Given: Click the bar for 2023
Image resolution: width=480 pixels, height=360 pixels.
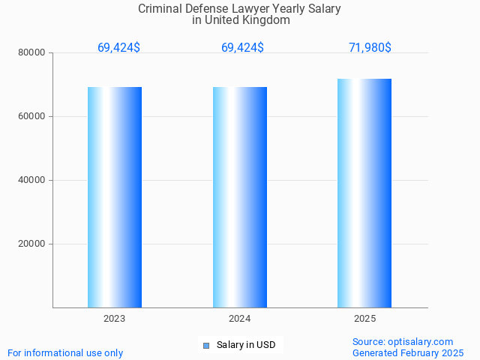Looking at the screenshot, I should pyautogui.click(x=115, y=197).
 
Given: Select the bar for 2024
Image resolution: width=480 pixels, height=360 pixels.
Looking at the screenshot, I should pyautogui.click(x=240, y=197).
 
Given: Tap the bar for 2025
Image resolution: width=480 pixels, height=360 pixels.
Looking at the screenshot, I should pyautogui.click(x=364, y=193).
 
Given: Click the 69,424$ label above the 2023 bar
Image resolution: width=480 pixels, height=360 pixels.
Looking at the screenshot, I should pyautogui.click(x=118, y=47).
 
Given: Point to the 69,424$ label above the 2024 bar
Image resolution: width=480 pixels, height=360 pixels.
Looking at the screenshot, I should pyautogui.click(x=242, y=47).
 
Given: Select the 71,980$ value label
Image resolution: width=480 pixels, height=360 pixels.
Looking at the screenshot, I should pyautogui.click(x=370, y=47).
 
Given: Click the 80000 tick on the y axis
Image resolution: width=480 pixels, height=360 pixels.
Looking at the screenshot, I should pyautogui.click(x=33, y=52).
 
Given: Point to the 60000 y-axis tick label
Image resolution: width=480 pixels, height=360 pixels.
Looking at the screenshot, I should pyautogui.click(x=33, y=116).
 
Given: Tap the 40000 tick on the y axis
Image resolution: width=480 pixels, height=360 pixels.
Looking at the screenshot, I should pyautogui.click(x=33, y=180).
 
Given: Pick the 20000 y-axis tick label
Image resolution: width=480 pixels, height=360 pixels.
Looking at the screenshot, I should pyautogui.click(x=33, y=244).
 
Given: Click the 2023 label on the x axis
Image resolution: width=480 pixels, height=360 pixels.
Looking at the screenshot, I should pyautogui.click(x=115, y=319).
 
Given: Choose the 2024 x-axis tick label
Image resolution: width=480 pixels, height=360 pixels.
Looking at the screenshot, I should pyautogui.click(x=240, y=319).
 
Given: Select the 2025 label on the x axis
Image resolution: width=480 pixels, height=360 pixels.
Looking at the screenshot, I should pyautogui.click(x=364, y=319).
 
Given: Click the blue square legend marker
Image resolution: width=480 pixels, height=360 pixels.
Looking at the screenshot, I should pyautogui.click(x=206, y=346).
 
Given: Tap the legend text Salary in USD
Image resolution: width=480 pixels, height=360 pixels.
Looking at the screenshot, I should pyautogui.click(x=246, y=345).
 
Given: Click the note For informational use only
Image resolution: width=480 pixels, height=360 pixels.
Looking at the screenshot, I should pyautogui.click(x=65, y=352).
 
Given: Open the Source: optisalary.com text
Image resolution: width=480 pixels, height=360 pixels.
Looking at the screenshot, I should pyautogui.click(x=403, y=341).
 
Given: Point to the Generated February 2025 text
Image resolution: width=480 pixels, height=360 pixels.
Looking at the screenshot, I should pyautogui.click(x=408, y=352).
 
